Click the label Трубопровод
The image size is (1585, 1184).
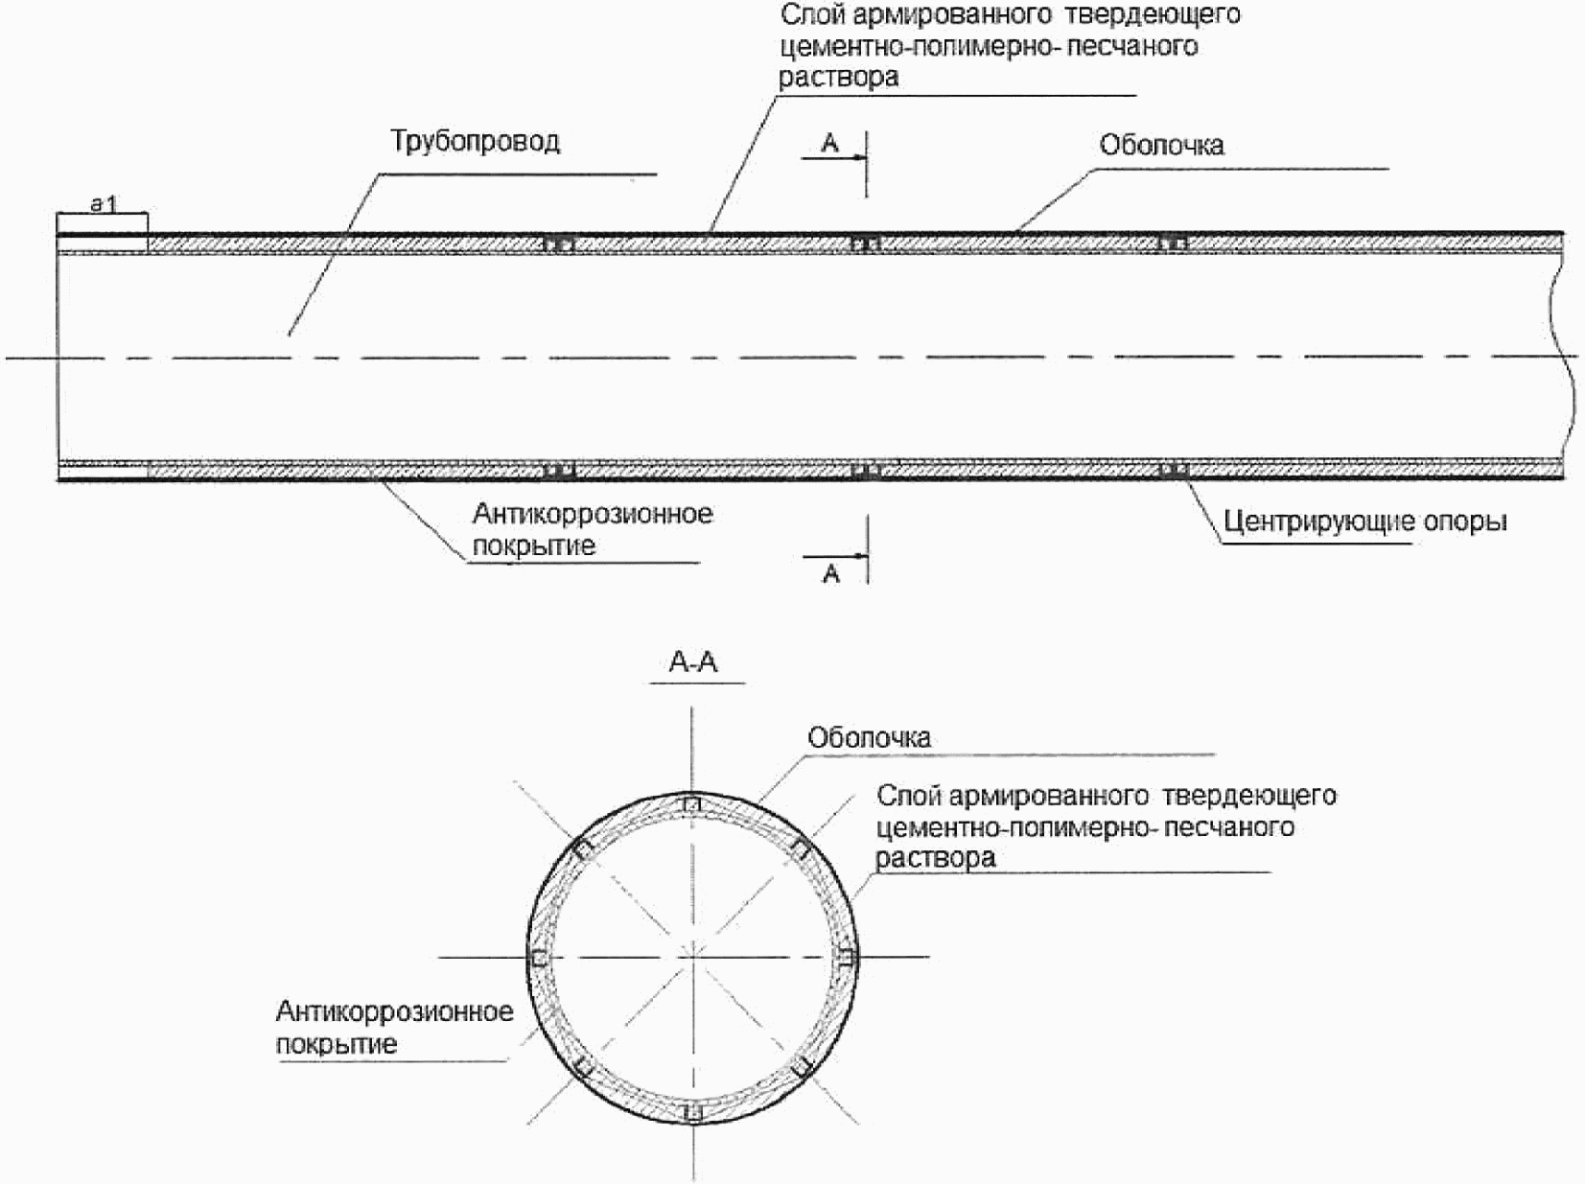(475, 142)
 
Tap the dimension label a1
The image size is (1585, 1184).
(103, 203)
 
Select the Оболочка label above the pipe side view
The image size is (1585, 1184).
(1161, 146)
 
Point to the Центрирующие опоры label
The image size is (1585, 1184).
(1364, 522)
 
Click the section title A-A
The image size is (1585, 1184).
(693, 662)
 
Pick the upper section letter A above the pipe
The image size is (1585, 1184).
(830, 144)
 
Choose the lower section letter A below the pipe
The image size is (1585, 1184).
(831, 574)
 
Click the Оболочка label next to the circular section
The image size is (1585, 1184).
(869, 738)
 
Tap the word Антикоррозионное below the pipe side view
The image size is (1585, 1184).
(593, 514)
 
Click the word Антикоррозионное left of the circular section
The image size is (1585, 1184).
(394, 1012)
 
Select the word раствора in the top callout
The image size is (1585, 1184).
(839, 78)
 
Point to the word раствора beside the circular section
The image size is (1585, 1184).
(935, 858)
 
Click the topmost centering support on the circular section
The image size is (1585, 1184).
(690, 803)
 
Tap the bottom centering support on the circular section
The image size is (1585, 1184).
(690, 1112)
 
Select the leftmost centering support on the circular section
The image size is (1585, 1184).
(539, 958)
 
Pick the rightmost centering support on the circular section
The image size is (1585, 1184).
(845, 958)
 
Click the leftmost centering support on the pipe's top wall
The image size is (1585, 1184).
(559, 244)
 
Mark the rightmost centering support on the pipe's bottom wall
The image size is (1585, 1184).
(1173, 470)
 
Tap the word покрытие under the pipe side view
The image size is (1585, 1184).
(534, 546)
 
